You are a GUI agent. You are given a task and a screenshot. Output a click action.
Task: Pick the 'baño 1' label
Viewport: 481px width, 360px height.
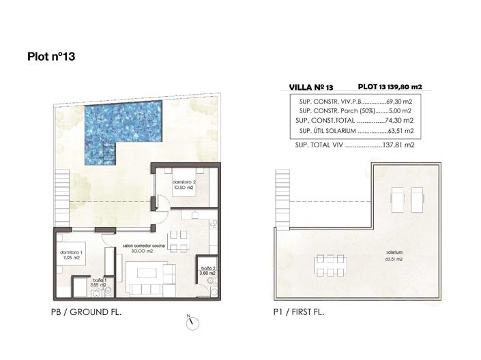(x=100, y=281)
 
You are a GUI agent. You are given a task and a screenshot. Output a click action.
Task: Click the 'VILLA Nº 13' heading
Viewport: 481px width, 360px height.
(x=311, y=88)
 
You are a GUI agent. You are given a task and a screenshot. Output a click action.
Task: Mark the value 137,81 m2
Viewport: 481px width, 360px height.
(x=399, y=145)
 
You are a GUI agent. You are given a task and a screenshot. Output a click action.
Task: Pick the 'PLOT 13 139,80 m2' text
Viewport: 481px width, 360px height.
(x=390, y=87)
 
